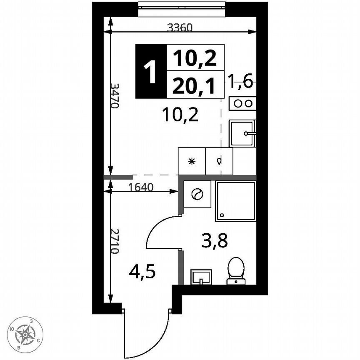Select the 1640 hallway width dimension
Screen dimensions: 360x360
click(142, 187)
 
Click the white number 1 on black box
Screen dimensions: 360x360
click(150, 71)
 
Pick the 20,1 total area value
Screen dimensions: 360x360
click(195, 86)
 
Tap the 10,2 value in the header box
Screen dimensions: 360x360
click(195, 58)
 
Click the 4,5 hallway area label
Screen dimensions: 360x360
click(142, 274)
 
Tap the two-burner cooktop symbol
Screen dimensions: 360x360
click(242, 104)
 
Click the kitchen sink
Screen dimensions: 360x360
click(242, 133)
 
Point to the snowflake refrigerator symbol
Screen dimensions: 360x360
click(192, 161)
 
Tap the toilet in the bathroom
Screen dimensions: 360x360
click(236, 270)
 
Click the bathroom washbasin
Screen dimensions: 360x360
click(201, 276)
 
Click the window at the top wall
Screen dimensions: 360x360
click(182, 8)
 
